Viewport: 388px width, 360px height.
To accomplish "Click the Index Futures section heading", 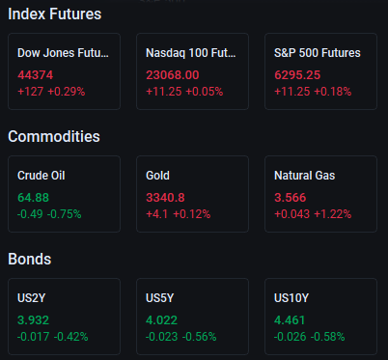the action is (55, 14).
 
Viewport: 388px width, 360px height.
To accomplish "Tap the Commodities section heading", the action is (54, 136).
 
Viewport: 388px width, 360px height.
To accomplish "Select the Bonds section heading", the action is (30, 259).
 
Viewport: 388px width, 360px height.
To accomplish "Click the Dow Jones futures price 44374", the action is (36, 75).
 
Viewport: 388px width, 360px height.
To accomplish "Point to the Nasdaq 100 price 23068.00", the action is (173, 75).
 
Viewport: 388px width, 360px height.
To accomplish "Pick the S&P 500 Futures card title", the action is (318, 53).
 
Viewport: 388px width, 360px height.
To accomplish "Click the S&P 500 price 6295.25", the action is (297, 75).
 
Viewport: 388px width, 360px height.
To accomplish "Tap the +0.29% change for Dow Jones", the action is (67, 92).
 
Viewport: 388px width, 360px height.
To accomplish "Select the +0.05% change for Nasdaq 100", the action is (205, 92).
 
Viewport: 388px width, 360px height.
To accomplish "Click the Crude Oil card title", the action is (42, 176).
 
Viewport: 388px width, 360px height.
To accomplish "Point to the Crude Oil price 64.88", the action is (33, 198).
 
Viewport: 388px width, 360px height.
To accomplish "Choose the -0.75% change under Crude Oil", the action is (65, 214).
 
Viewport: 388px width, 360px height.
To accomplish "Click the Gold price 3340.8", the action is (165, 198).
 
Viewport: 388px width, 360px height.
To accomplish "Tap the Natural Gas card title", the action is (304, 176).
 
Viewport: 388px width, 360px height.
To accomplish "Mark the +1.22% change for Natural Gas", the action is (333, 214).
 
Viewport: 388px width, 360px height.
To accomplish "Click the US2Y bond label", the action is (32, 298).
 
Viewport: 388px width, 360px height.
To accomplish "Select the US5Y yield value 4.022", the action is (161, 320).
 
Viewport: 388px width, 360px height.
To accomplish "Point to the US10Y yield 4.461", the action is (290, 320).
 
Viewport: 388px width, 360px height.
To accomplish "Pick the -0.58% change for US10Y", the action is (328, 337).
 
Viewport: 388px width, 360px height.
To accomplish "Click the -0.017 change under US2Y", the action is (33, 337).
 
